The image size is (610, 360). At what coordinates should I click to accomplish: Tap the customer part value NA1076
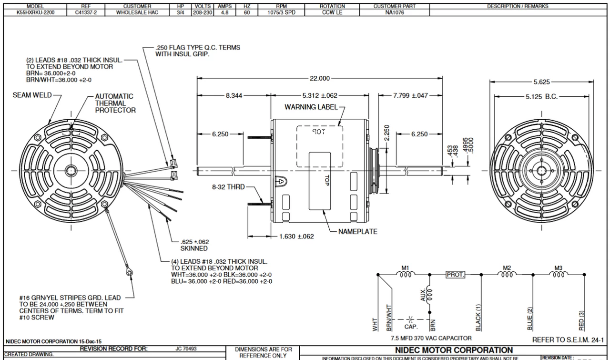point(394,13)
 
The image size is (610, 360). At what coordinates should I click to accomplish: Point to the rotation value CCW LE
point(332,13)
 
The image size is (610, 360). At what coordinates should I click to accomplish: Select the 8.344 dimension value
point(234,95)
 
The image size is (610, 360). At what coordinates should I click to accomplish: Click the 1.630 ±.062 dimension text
point(296,236)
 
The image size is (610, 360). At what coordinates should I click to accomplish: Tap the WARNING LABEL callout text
point(311,107)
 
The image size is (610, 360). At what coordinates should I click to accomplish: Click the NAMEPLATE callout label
point(357,232)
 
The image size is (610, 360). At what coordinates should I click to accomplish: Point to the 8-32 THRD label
point(228,187)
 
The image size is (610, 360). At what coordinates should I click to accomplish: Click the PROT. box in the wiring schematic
point(455,275)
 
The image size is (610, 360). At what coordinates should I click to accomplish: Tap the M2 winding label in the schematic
point(507,267)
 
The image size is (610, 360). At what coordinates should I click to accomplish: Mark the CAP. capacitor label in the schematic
point(411,327)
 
